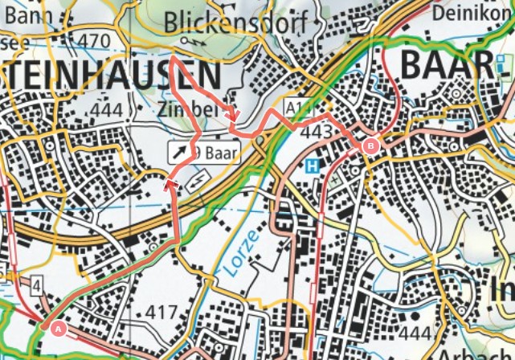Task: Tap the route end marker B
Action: pyautogui.click(x=370, y=146)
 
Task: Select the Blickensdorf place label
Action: pyautogui.click(x=235, y=23)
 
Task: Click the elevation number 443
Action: pyautogui.click(x=318, y=131)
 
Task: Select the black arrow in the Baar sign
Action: pyautogui.click(x=177, y=150)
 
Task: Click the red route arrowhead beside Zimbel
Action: pyautogui.click(x=233, y=116)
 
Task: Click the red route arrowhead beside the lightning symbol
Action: pyautogui.click(x=170, y=186)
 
